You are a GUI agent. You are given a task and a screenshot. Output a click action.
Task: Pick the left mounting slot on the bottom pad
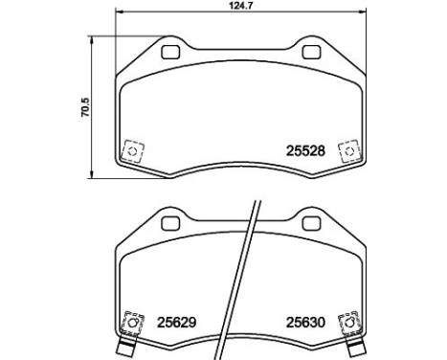[170, 223]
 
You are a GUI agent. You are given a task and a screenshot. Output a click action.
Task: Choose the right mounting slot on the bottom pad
[312, 223]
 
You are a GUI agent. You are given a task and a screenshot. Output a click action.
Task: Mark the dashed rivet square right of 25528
[350, 149]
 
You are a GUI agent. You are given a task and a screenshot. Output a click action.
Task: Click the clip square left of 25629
[131, 323]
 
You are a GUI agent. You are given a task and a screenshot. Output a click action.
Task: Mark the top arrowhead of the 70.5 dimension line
[92, 43]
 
